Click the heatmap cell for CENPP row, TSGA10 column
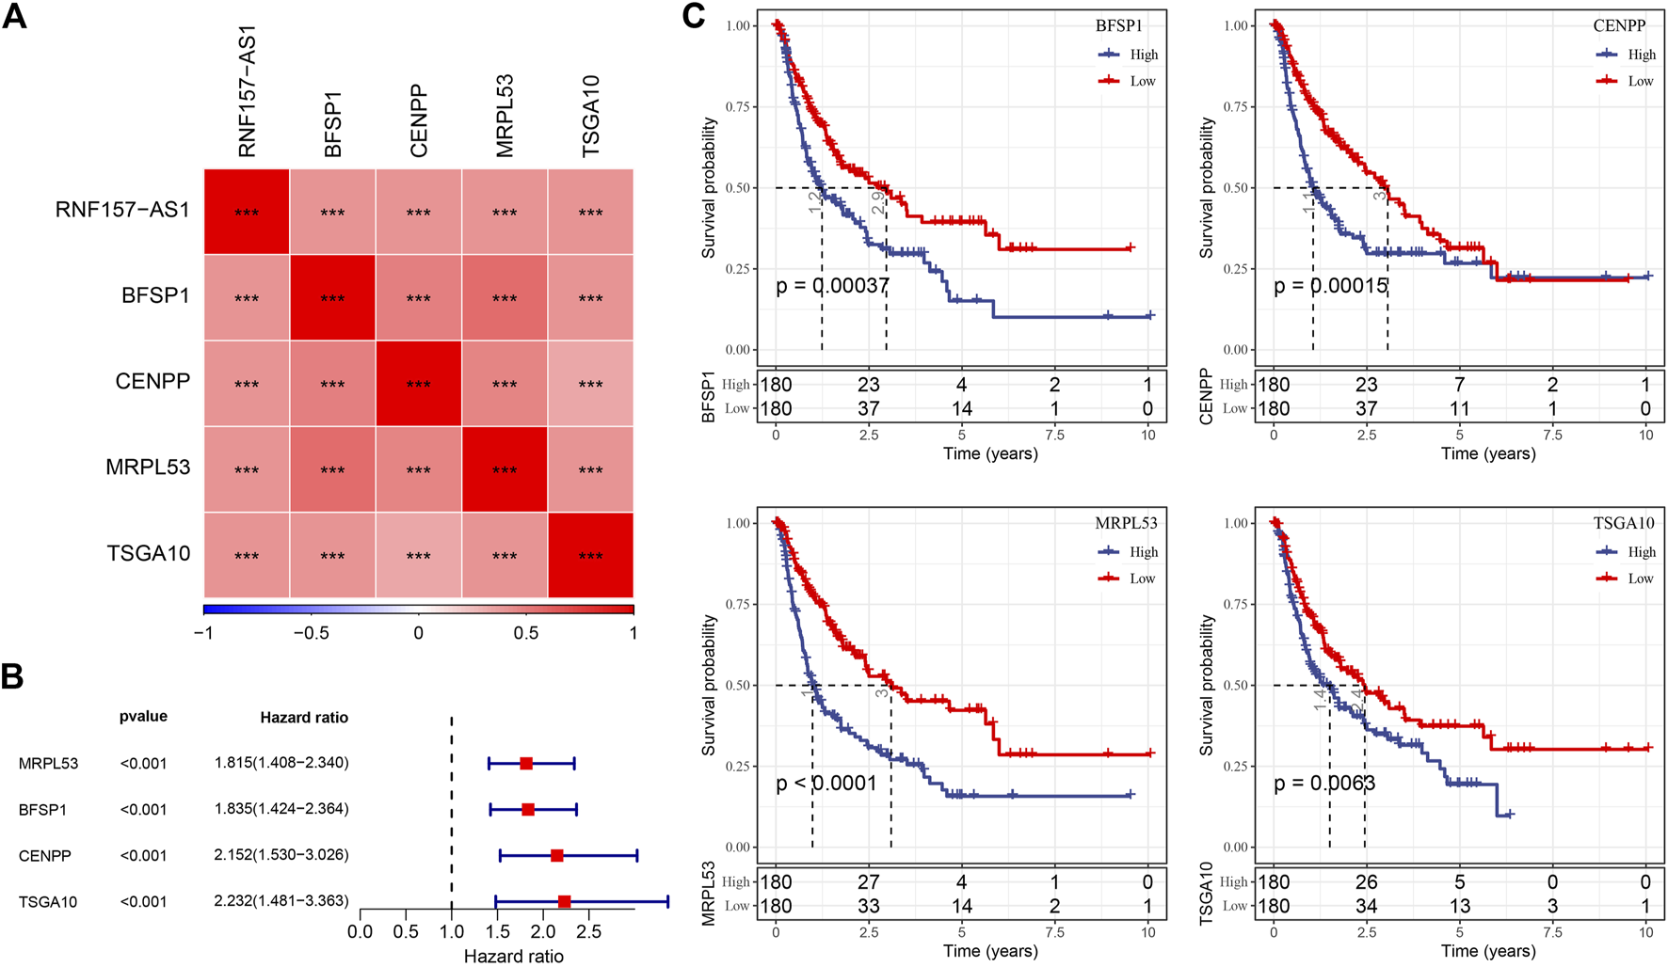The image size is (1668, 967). click(590, 384)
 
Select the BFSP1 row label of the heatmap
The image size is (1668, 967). click(155, 296)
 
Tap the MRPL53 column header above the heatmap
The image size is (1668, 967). click(505, 116)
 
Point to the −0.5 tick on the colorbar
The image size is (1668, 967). click(311, 633)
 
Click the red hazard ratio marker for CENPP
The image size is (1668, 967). click(557, 856)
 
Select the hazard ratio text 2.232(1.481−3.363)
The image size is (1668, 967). click(281, 901)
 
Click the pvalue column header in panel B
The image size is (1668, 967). click(143, 717)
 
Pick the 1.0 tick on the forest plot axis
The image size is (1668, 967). click(452, 931)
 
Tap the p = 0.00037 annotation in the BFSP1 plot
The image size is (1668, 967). click(832, 286)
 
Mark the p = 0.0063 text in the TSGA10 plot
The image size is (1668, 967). click(1324, 783)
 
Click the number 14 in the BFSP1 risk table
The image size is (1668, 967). click(961, 409)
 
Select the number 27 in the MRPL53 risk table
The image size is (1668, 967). click(868, 882)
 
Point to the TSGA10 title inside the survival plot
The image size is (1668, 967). click(1624, 523)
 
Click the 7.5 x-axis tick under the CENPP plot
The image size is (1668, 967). click(1552, 435)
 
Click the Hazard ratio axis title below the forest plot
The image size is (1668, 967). click(514, 956)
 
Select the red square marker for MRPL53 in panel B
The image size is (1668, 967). click(526, 764)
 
